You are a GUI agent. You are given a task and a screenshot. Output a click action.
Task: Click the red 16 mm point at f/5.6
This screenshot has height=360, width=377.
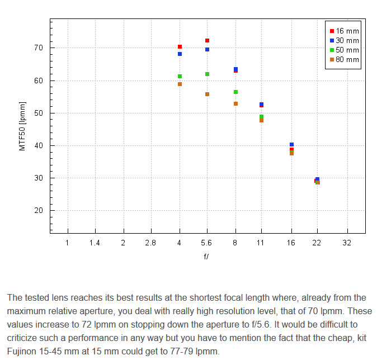pos(207,41)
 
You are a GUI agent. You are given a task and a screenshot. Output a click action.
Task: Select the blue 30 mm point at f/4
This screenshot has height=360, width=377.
pos(180,54)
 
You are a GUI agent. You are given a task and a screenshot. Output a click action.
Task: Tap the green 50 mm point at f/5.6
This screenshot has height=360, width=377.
pos(207,74)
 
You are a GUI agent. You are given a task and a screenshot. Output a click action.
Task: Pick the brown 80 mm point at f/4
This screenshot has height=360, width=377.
pos(180,84)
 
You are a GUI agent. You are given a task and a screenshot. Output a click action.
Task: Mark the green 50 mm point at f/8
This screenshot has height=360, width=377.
pos(235,92)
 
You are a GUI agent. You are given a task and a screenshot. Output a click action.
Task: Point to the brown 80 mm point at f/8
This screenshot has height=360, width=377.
pos(235,103)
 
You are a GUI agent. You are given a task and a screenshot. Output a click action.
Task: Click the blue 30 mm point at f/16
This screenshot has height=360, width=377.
pos(291,145)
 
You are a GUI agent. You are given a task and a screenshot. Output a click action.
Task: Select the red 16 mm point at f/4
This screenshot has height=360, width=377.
pos(180,47)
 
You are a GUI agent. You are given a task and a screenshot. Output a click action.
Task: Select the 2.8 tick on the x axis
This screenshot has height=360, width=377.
pos(150,243)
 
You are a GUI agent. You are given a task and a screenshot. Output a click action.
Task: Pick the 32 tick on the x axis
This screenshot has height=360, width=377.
pos(347,243)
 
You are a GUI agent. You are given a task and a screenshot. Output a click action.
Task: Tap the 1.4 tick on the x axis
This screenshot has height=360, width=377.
pos(95,243)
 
